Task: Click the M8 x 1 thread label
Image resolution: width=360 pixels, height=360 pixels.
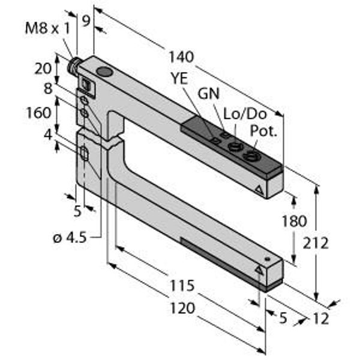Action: [47, 29]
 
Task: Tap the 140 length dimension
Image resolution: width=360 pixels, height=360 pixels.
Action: [181, 57]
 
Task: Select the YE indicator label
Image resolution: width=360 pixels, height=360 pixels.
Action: [180, 78]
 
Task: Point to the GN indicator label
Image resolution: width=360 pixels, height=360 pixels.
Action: [209, 94]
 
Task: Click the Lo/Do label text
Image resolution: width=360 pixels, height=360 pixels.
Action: [245, 113]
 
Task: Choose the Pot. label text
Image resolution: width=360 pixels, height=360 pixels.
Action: [263, 131]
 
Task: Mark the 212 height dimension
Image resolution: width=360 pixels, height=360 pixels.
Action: [316, 243]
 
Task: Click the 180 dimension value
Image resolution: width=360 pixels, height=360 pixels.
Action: [294, 221]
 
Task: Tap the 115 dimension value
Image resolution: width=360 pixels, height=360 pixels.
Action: [182, 286]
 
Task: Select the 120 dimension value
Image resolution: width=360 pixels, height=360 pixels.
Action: [182, 308]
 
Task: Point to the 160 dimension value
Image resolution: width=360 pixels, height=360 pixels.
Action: [38, 113]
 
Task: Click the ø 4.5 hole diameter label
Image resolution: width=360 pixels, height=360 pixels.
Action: [70, 238]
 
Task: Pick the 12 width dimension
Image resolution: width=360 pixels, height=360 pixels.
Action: [321, 319]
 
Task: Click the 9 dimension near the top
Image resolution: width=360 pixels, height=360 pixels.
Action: [86, 21]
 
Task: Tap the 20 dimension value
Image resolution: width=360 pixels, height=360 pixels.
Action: [43, 68]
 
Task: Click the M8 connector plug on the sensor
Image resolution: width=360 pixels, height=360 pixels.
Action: [73, 65]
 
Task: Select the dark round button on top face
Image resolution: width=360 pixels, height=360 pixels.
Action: [104, 71]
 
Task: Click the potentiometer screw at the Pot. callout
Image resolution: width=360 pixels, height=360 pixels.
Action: [251, 156]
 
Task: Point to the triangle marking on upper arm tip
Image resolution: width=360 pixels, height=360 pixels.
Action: [259, 190]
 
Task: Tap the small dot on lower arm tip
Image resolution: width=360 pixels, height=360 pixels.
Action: [267, 259]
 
